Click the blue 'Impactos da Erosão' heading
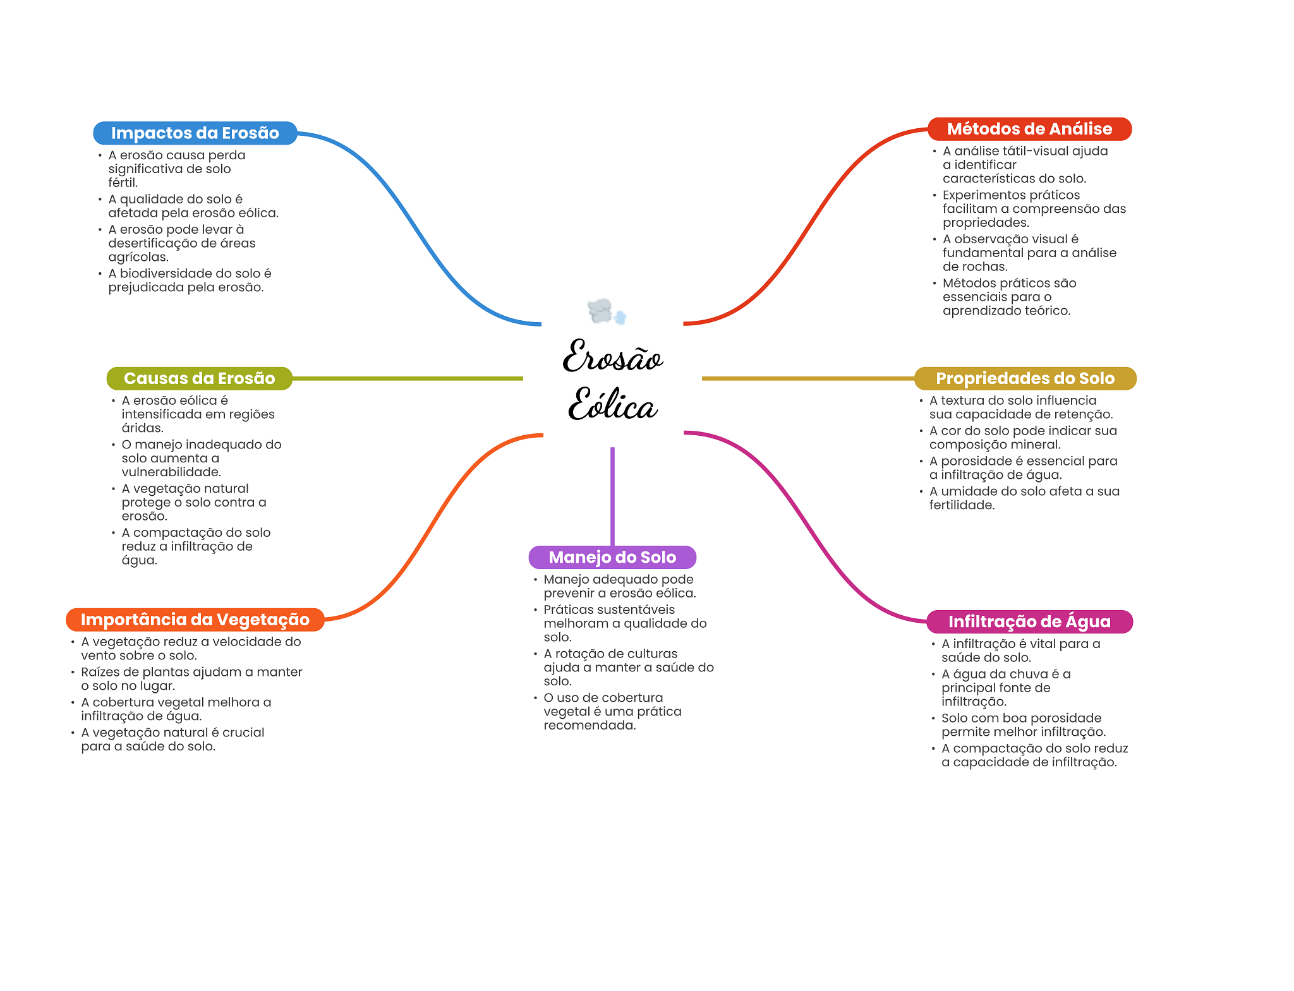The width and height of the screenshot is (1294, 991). [x=195, y=133]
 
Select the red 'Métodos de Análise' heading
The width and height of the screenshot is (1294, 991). [x=1029, y=129]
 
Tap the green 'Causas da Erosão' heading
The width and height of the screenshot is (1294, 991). [x=199, y=378]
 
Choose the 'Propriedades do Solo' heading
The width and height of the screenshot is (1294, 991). [x=1024, y=378]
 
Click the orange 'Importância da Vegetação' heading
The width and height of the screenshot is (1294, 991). [x=195, y=620]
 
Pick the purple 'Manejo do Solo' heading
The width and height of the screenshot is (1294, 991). [x=612, y=557]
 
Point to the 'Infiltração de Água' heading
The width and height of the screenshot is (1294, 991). [x=1029, y=622]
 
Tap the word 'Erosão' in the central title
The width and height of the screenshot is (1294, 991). [x=612, y=357]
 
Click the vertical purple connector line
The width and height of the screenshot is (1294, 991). [x=612, y=496]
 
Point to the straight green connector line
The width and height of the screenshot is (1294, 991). [x=408, y=378]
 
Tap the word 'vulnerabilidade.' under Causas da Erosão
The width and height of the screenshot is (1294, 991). [x=171, y=472]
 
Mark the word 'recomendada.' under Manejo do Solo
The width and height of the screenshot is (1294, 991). [x=590, y=725]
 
